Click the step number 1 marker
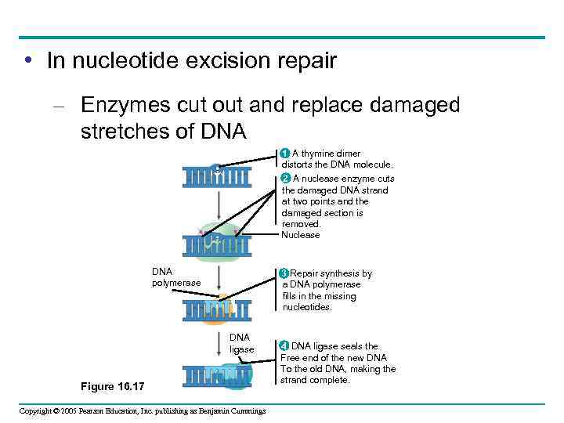coord(286,154)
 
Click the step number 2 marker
coord(286,178)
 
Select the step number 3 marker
coord(284,273)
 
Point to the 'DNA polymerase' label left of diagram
coord(175,277)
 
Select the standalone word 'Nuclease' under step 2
coord(301,235)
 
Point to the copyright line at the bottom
coord(143,411)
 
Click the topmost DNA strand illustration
coord(217,176)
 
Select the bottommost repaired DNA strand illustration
coord(219,375)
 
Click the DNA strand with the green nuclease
coord(218,245)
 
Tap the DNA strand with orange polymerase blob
coord(217,311)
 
